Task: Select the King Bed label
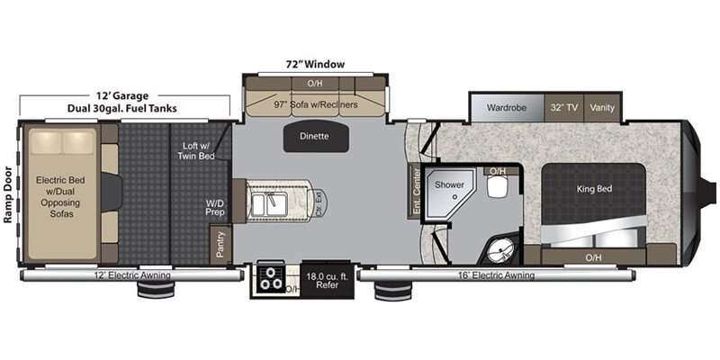click(x=593, y=190)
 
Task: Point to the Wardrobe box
click(x=506, y=107)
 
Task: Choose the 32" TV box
click(x=564, y=107)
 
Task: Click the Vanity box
click(x=601, y=107)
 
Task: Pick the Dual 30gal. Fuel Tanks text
click(x=123, y=109)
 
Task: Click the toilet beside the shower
click(x=496, y=187)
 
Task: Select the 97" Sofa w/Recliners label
click(x=316, y=104)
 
